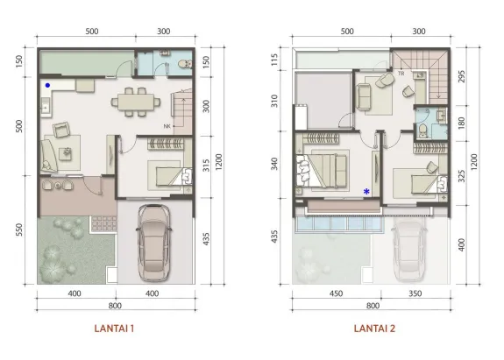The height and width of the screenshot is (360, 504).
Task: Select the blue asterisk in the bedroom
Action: click(366, 191)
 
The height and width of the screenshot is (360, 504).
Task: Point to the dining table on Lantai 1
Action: click(135, 102)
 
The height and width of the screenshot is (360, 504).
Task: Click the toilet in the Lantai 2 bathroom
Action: click(422, 130)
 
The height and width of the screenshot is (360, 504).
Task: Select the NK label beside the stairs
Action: click(167, 126)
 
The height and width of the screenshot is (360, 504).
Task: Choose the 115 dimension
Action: click(275, 60)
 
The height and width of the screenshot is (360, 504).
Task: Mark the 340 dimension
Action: click(275, 164)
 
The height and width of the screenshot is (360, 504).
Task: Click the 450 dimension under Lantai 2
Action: click(336, 294)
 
